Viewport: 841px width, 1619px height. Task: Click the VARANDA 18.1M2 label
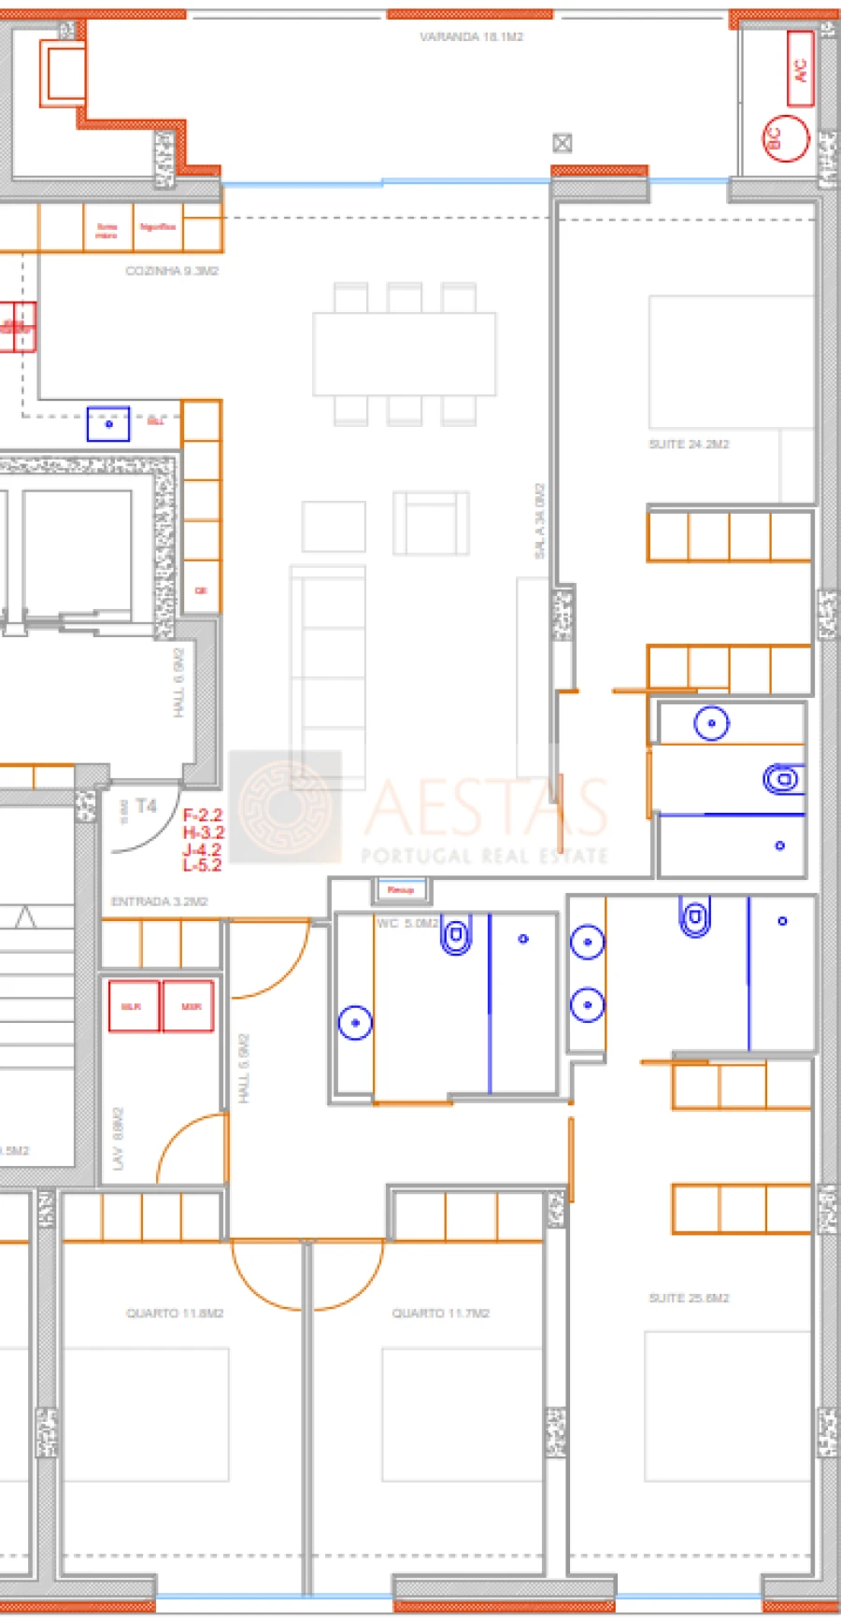(x=471, y=36)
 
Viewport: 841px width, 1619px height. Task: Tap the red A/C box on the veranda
(x=800, y=69)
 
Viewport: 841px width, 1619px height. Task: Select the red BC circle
(x=785, y=138)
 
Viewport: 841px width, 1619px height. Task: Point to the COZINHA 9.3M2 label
(x=172, y=271)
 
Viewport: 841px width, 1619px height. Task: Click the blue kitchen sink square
(x=108, y=424)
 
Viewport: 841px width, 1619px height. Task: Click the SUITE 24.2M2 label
(x=689, y=444)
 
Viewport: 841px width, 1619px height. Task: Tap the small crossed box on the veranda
(x=562, y=143)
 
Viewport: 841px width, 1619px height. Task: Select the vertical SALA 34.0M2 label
(x=539, y=521)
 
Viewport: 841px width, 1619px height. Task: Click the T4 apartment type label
(x=146, y=805)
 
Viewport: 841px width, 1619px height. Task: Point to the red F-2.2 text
(x=203, y=816)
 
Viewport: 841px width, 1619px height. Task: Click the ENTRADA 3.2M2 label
(x=159, y=902)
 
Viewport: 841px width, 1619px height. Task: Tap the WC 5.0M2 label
(x=406, y=923)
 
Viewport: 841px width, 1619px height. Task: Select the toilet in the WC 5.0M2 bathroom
(x=456, y=936)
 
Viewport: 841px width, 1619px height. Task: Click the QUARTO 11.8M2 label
(x=175, y=1313)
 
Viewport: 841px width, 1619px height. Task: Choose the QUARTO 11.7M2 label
(x=440, y=1313)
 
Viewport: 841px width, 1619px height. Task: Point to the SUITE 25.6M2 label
(x=689, y=1298)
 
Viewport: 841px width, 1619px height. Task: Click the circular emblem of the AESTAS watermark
(x=285, y=806)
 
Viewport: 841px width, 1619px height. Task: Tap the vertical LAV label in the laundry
(x=118, y=1139)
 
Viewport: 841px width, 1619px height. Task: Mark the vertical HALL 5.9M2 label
(x=244, y=1068)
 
